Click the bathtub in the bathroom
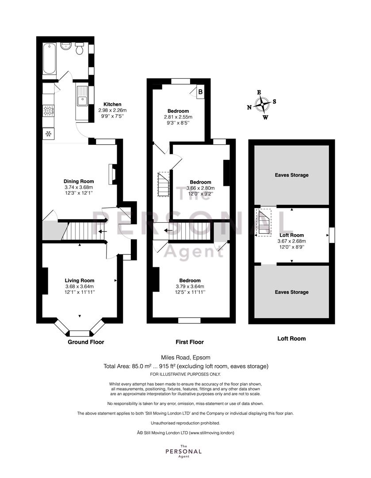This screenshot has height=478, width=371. (49, 58)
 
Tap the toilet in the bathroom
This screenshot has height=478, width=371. (80, 48)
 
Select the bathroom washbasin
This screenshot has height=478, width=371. (65, 46)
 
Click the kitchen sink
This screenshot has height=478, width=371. (82, 96)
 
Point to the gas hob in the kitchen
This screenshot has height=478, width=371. (49, 111)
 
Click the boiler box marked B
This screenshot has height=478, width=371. (200, 92)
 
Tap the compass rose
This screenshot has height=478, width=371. (262, 105)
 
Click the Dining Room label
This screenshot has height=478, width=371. (79, 181)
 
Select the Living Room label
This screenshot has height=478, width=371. (80, 281)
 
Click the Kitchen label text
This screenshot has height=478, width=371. (112, 104)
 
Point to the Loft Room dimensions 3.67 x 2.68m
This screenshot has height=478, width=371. (292, 241)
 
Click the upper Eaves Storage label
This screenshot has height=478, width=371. (292, 175)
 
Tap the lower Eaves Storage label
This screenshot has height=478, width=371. (292, 292)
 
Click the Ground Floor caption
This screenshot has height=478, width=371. (86, 342)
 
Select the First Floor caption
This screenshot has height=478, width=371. (190, 342)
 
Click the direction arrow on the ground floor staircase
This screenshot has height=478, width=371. (103, 231)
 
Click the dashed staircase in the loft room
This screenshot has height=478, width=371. (264, 222)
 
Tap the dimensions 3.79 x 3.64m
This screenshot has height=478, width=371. (190, 286)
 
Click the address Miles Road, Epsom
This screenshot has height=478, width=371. (186, 357)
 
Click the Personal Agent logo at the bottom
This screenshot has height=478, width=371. (184, 451)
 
